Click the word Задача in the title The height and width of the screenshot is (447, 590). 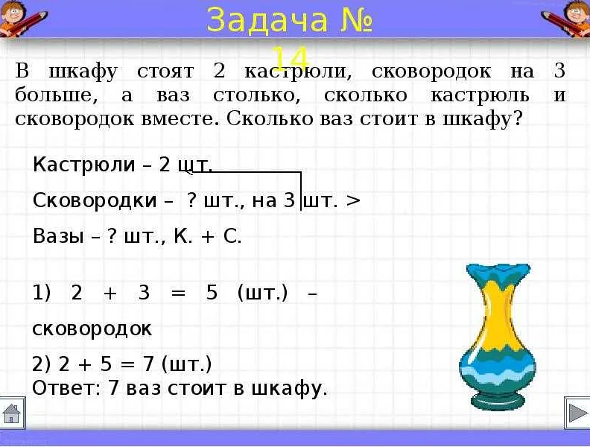pyautogui.click(x=267, y=21)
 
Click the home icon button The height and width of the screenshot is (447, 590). pyautogui.click(x=12, y=413)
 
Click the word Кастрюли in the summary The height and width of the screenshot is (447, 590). pyautogui.click(x=84, y=165)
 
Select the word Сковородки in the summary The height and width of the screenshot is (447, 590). pyautogui.click(x=95, y=200)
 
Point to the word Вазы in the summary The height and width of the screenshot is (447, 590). pyautogui.click(x=58, y=236)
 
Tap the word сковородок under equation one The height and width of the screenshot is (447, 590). pyautogui.click(x=92, y=329)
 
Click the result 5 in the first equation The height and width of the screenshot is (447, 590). pyautogui.click(x=212, y=292)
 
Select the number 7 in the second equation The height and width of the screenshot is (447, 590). pyautogui.click(x=149, y=364)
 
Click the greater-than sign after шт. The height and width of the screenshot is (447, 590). pyautogui.click(x=353, y=200)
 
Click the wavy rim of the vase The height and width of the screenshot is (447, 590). pyautogui.click(x=498, y=270)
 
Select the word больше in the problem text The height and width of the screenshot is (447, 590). pyautogui.click(x=57, y=95)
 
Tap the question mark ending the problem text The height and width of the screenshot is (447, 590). pyautogui.click(x=518, y=118)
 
